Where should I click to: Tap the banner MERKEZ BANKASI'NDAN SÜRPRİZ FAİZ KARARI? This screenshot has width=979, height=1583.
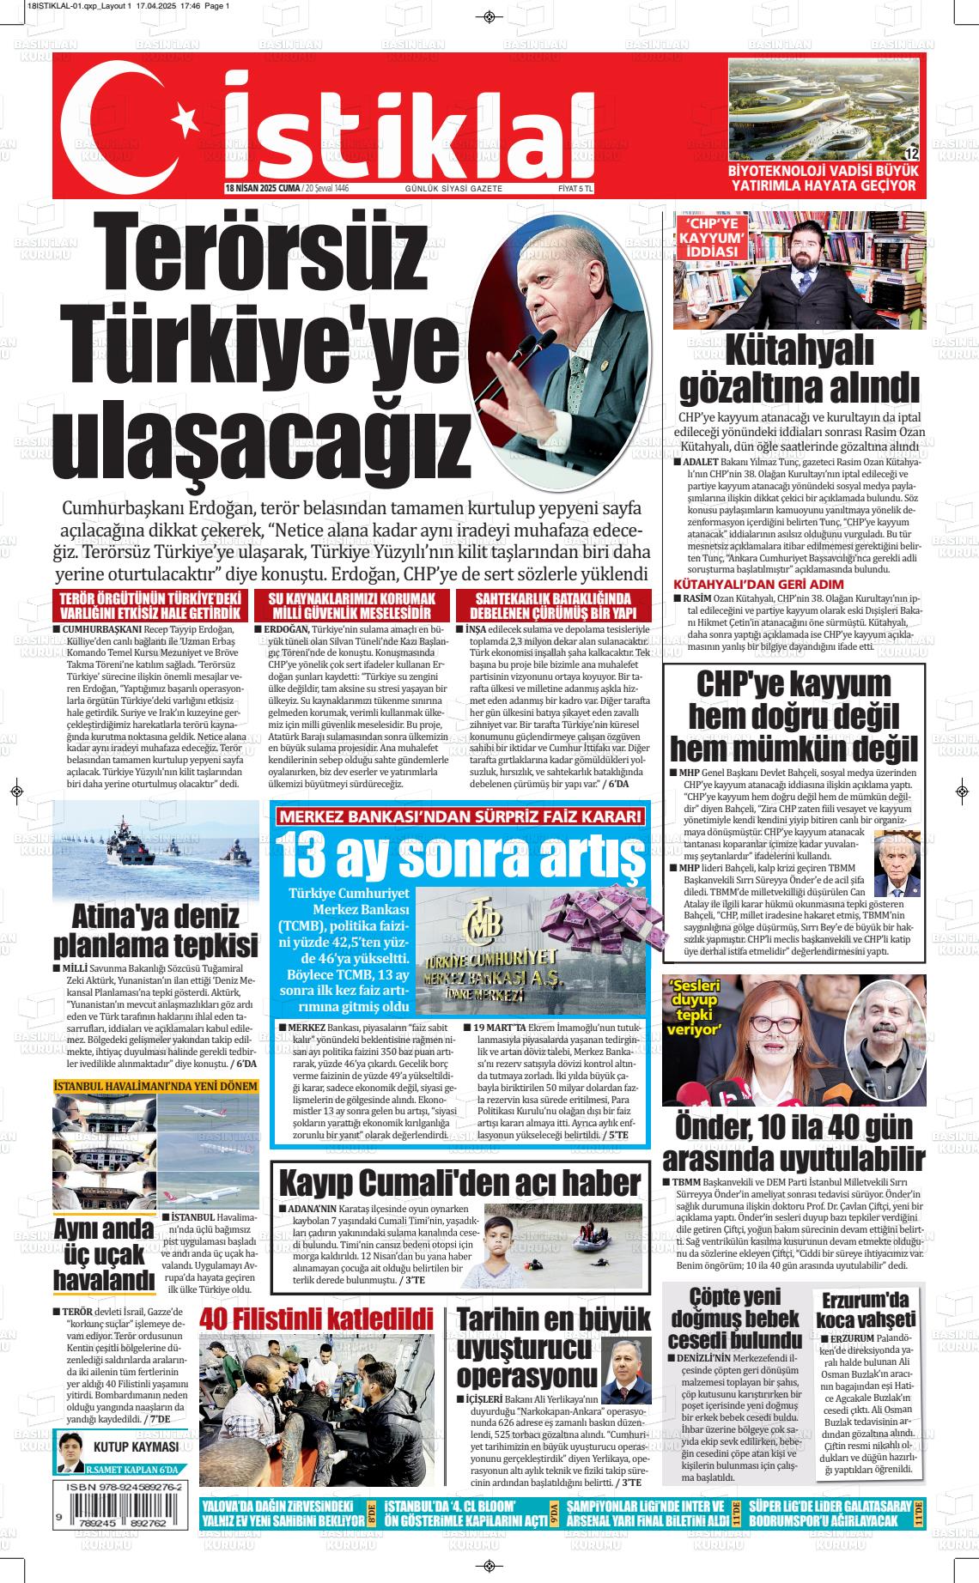(459, 816)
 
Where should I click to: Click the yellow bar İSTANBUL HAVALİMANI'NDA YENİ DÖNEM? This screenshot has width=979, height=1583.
(155, 1086)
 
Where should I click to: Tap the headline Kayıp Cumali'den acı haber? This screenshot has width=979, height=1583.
(459, 1181)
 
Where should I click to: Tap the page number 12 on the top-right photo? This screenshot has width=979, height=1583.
(911, 154)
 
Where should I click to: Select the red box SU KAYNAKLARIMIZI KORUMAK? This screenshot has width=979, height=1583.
(351, 605)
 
